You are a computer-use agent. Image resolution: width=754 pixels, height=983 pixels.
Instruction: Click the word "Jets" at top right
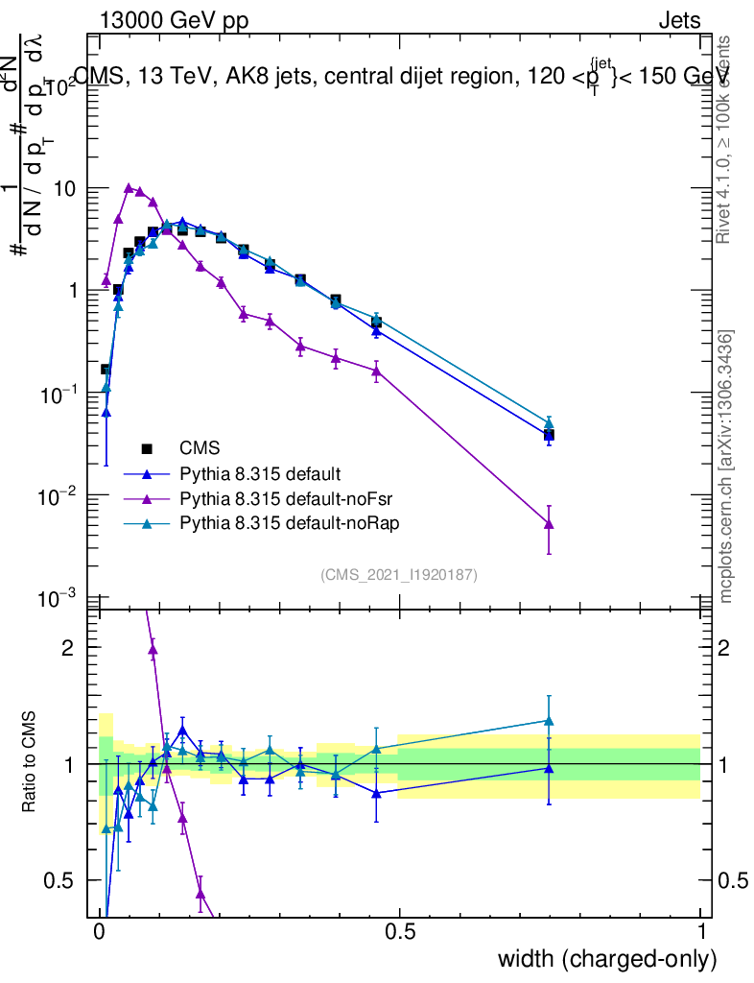(678, 21)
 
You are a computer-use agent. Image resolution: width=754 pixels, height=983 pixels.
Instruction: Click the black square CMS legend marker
(147, 447)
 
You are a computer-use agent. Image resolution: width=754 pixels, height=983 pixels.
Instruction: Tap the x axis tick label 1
(701, 932)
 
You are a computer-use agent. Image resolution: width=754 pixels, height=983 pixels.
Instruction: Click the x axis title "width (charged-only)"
(607, 959)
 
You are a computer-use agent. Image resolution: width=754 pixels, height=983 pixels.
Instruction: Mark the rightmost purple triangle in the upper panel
(549, 523)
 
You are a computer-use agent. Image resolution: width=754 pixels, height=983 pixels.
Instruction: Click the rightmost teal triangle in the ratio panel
(549, 720)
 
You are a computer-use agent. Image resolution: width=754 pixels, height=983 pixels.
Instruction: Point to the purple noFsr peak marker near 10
(129, 188)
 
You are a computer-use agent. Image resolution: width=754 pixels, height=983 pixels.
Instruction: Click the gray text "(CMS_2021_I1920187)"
(399, 574)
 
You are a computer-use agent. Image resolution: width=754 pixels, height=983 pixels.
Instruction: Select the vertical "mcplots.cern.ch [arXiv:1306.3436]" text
(727, 468)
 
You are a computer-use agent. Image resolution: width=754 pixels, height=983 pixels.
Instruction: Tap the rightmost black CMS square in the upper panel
(549, 435)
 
